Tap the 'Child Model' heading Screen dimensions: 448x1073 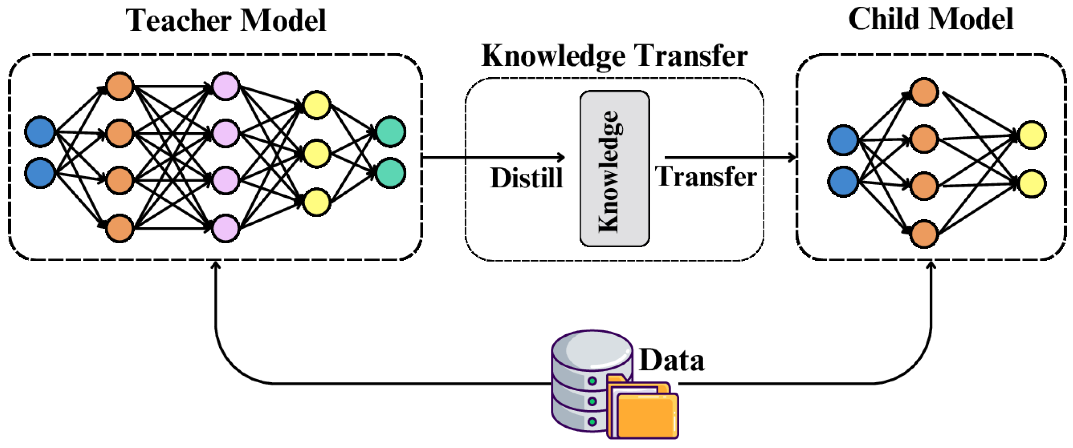930,20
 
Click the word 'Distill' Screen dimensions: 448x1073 526,178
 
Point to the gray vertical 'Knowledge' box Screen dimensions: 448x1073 614,169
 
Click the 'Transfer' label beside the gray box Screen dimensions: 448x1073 706,176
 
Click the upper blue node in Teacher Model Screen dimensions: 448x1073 40,132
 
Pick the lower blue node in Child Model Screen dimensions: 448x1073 843,182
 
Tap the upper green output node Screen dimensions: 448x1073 390,132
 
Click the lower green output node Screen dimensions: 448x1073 390,173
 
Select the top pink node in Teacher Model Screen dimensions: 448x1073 225,86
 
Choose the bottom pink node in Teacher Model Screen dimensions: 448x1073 225,228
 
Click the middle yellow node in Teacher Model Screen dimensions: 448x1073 317,153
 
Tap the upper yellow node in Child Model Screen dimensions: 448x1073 1032,135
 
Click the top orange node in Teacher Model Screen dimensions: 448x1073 120,86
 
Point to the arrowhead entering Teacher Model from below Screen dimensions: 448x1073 215,265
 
